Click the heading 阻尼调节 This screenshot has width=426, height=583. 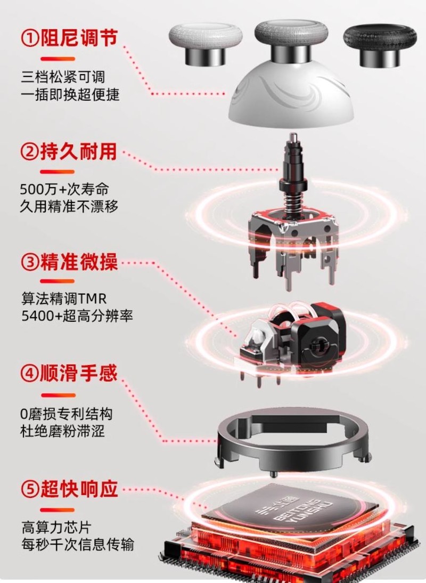point(78,39)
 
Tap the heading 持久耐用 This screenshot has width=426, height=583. point(78,152)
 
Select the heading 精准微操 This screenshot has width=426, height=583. point(78,263)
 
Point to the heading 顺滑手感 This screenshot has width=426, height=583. point(78,374)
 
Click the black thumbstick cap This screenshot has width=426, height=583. point(379,45)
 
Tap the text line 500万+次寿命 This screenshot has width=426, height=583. point(60,189)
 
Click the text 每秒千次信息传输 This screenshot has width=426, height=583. point(77,545)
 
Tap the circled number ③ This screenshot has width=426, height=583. point(30,263)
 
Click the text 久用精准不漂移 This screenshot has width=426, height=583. point(69,206)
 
